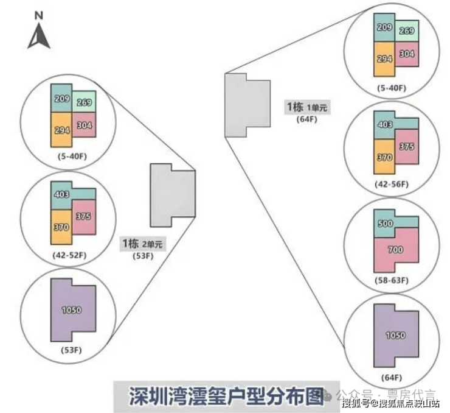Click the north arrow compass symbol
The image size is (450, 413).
tap(39, 34)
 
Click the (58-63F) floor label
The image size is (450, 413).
tap(392, 281)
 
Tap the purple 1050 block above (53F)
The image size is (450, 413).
tap(72, 311)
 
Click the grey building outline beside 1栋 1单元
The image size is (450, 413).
tap(246, 105)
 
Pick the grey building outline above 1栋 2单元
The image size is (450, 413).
tap(173, 193)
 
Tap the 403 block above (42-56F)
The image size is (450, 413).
tap(384, 125)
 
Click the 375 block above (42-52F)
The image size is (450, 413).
tap(85, 217)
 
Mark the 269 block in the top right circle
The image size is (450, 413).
tap(406, 31)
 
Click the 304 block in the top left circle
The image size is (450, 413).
tap(85, 126)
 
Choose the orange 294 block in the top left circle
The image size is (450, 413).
tap(60, 130)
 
